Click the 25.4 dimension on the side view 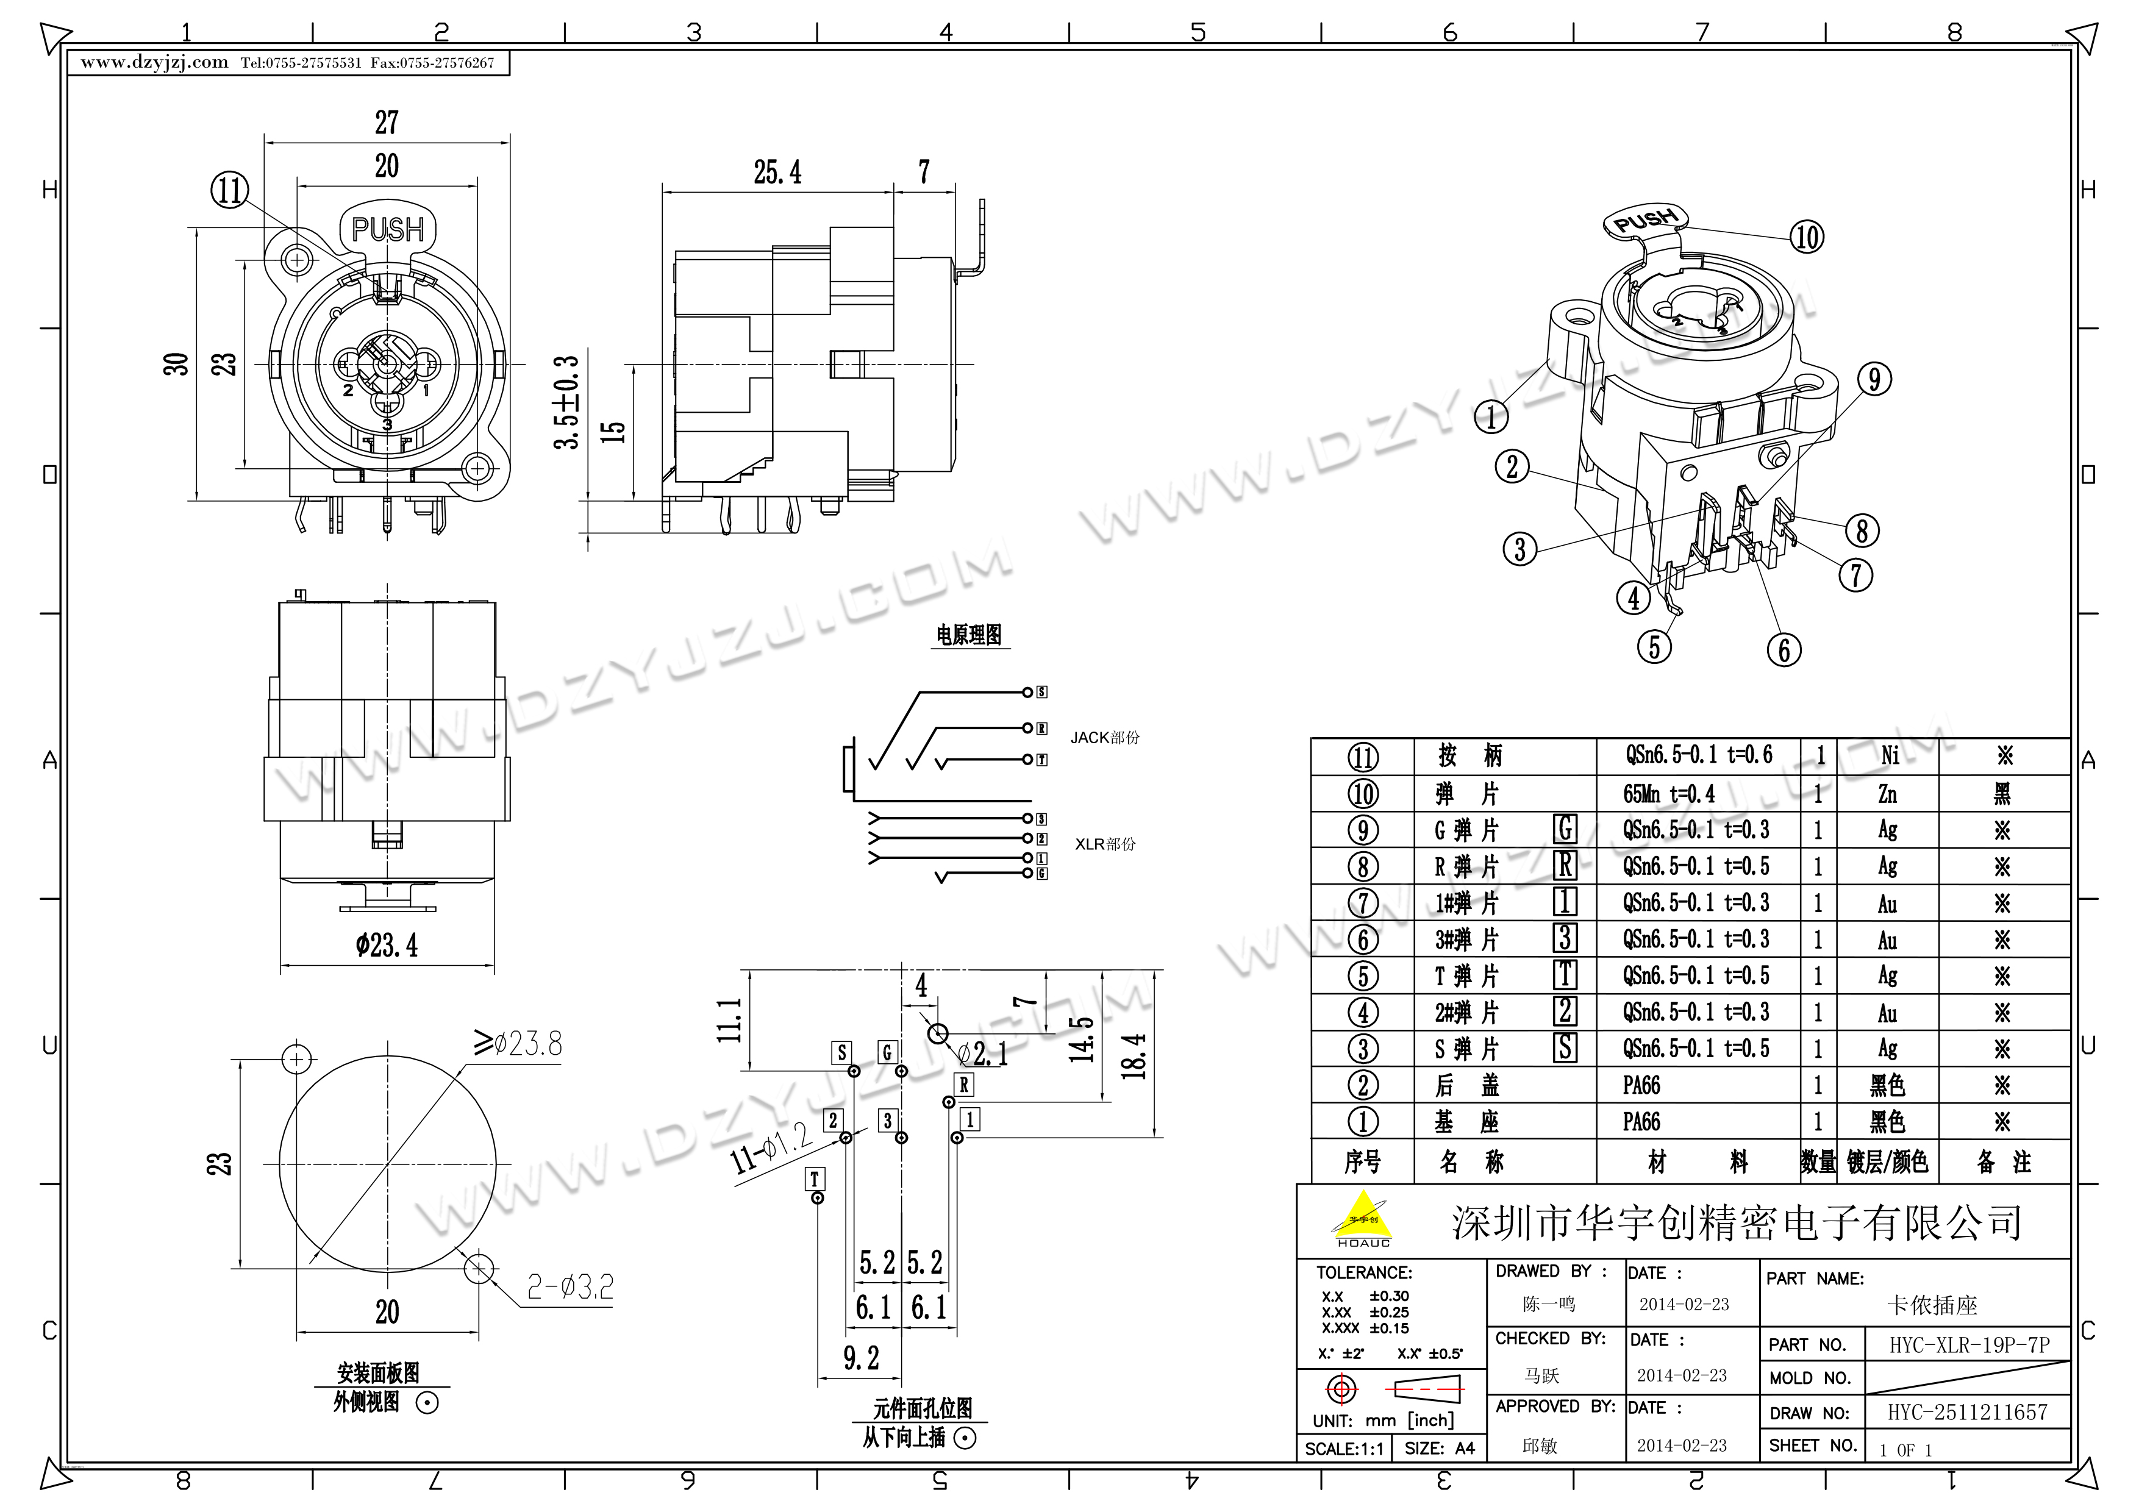point(777,173)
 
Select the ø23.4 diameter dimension point(387,946)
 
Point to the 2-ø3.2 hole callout point(570,1288)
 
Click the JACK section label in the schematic point(1104,738)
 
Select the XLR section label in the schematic point(1105,844)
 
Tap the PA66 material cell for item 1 point(1641,1122)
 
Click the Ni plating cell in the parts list point(1890,755)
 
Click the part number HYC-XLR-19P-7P point(1968,1344)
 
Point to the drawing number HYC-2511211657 point(1968,1413)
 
